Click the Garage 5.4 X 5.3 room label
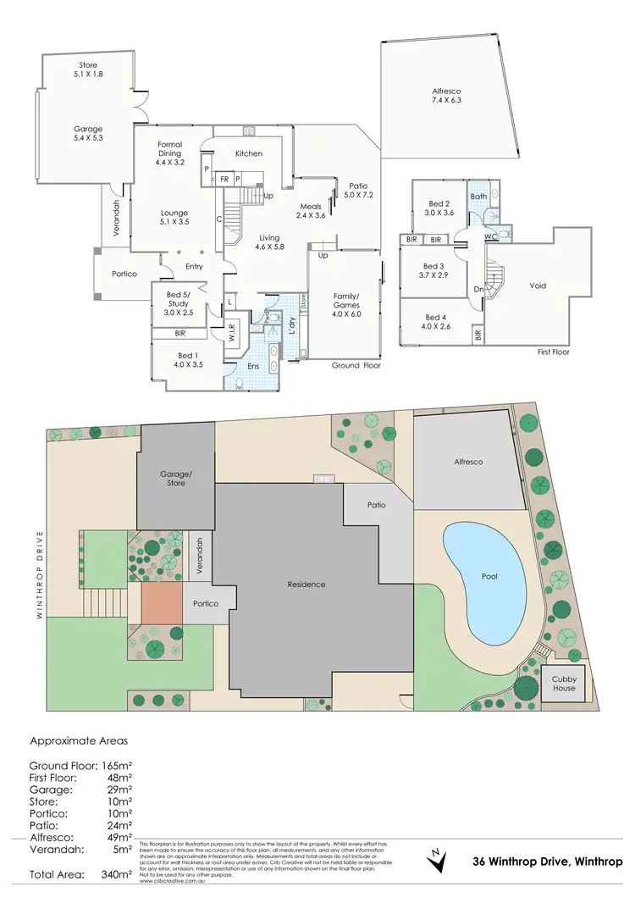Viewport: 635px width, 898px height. [x=88, y=136]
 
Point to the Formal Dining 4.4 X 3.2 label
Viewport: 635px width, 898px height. [x=170, y=152]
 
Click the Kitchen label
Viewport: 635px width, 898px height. [x=248, y=153]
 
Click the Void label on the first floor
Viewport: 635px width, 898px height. [x=538, y=285]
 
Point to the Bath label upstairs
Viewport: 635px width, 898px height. [x=479, y=197]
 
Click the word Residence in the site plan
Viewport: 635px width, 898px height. [x=306, y=585]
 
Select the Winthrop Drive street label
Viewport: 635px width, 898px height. [x=39, y=564]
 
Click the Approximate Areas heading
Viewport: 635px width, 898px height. [x=79, y=740]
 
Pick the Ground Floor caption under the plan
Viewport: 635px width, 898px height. [x=356, y=366]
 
